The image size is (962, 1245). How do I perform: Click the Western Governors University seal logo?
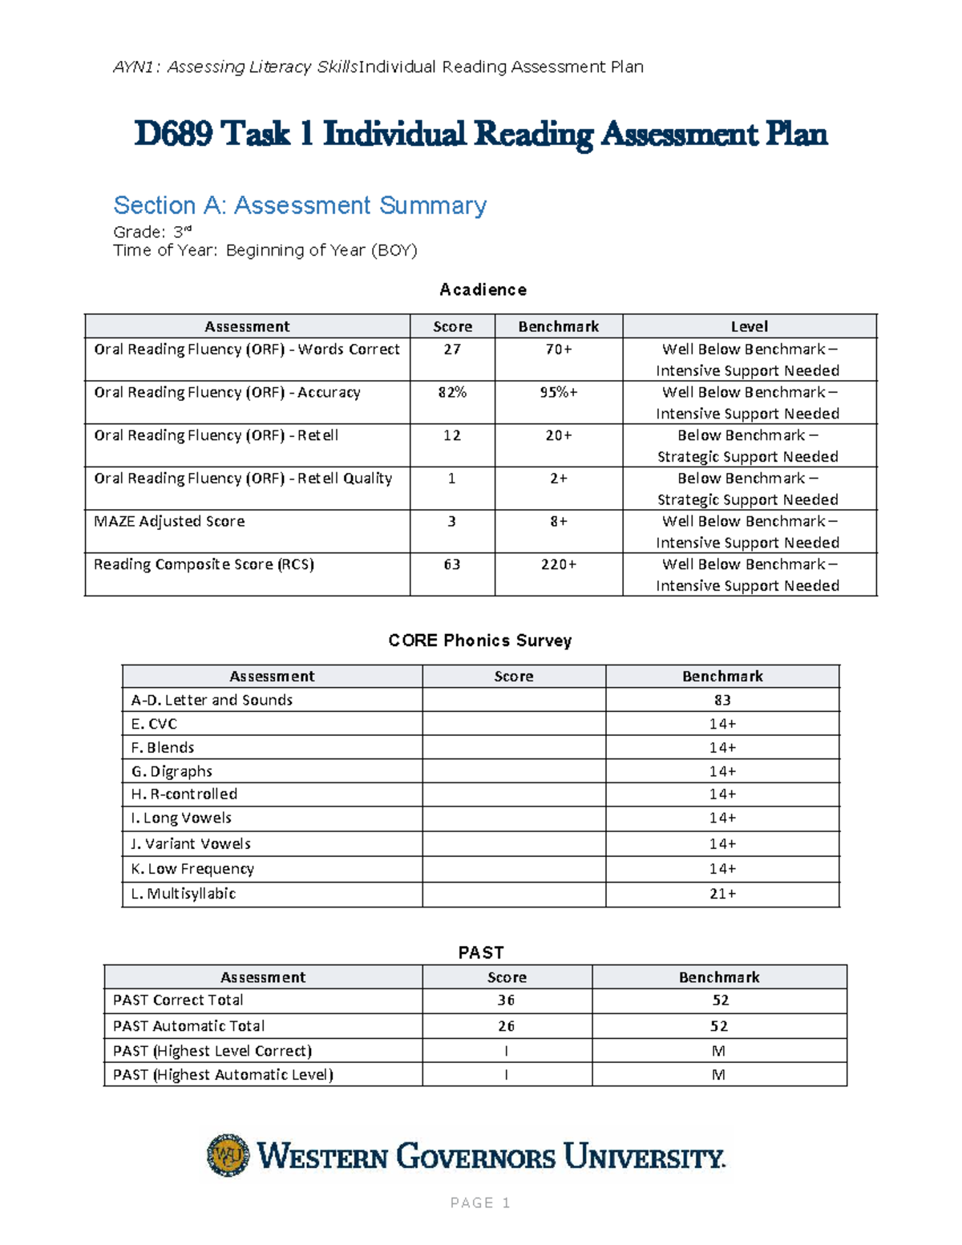(228, 1155)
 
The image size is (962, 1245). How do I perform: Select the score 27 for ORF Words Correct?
(452, 350)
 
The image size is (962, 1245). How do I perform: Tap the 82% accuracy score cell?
(452, 392)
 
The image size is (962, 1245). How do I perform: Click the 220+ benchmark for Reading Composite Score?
(559, 564)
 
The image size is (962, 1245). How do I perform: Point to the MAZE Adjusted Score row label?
(169, 521)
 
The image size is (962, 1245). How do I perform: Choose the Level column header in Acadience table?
(749, 326)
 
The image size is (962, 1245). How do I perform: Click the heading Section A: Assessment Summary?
(300, 205)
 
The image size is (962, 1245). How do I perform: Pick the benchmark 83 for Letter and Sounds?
(722, 700)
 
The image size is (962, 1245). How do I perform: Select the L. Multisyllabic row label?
(183, 893)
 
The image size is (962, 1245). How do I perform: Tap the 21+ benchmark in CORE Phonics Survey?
(722, 893)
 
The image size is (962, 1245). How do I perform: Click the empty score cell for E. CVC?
(514, 724)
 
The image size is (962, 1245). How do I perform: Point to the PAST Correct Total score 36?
(506, 1000)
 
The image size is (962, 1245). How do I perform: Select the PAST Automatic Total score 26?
(506, 1026)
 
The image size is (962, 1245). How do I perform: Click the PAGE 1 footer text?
(480, 1203)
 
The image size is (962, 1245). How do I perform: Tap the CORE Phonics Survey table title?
(480, 641)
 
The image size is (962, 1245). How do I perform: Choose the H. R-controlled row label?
(184, 794)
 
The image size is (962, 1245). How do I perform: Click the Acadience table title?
(483, 289)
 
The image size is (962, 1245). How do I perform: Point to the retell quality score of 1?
(452, 479)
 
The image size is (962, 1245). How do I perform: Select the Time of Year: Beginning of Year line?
(265, 250)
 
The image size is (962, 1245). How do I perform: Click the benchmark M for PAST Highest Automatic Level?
(718, 1074)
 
